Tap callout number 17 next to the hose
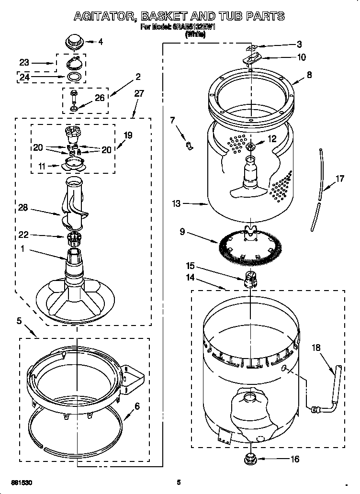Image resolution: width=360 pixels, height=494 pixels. click(x=339, y=179)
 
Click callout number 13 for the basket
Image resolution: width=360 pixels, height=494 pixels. click(x=177, y=204)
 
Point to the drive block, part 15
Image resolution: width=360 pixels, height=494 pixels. click(x=249, y=279)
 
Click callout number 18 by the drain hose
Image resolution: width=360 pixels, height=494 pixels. click(x=316, y=348)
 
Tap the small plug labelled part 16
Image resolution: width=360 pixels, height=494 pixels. click(x=249, y=459)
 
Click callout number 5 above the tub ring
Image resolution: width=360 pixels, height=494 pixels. click(x=19, y=321)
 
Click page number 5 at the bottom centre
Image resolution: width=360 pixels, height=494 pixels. click(x=179, y=482)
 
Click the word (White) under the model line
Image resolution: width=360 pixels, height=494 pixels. click(x=195, y=34)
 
